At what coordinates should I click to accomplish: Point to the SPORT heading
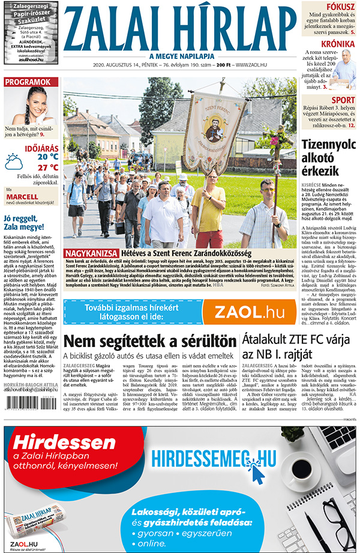[343, 100]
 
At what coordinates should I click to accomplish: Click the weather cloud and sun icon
[14, 162]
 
